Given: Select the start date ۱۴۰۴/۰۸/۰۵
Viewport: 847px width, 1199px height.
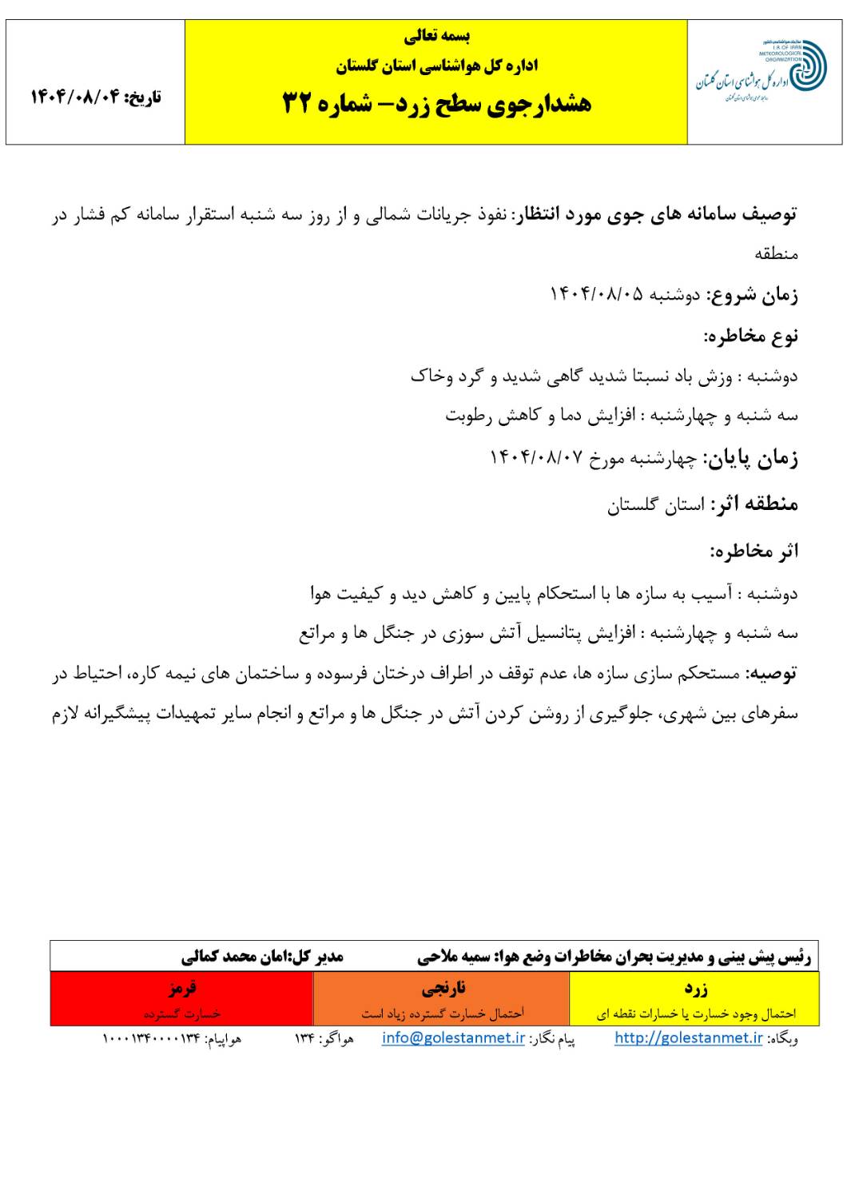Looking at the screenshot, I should click(x=595, y=294).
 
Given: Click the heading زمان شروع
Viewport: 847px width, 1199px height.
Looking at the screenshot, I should click(x=751, y=295).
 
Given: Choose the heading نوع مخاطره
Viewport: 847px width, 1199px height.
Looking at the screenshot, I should click(x=750, y=336).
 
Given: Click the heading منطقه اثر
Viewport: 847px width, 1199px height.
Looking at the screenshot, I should click(x=755, y=504).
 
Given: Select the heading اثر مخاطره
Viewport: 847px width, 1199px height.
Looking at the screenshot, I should click(x=755, y=552).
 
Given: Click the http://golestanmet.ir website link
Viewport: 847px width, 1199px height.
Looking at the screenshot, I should click(x=688, y=1038).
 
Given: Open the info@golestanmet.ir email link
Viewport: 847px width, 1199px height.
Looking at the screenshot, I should click(x=453, y=1038).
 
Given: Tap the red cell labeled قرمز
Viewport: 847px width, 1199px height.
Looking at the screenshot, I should click(x=181, y=998).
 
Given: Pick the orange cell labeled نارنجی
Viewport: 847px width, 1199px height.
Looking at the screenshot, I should click(x=442, y=998).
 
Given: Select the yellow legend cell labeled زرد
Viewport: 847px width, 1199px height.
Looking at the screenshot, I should click(x=695, y=998).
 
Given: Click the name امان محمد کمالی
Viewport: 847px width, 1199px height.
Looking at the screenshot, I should click(x=233, y=956).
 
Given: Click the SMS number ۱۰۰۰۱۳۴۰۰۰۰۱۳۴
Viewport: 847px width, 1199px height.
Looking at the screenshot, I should click(x=150, y=1038).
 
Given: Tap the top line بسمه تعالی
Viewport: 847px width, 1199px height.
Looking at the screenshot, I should click(x=436, y=36).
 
